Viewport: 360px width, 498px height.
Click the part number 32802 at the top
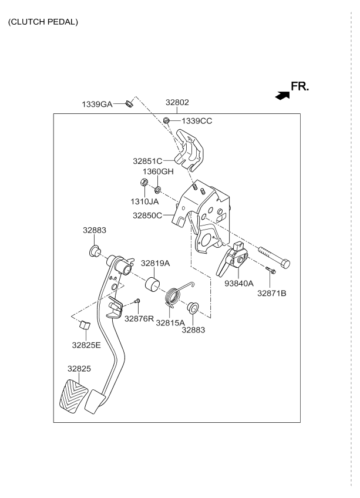point(177,102)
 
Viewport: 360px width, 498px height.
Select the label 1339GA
point(96,104)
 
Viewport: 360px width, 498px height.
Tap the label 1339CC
point(197,121)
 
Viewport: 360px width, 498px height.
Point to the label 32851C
point(147,160)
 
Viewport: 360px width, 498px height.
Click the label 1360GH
point(159,171)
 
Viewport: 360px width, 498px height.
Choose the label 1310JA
point(145,201)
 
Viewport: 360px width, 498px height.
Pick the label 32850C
point(147,216)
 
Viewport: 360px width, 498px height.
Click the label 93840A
point(238,283)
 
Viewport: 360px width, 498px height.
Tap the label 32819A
point(155,264)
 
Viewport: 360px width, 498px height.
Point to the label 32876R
point(139,318)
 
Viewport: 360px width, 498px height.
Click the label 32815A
point(170,322)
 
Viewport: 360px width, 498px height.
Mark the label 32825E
point(86,345)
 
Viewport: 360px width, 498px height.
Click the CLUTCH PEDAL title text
point(43,22)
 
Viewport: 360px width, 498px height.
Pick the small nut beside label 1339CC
point(167,121)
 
